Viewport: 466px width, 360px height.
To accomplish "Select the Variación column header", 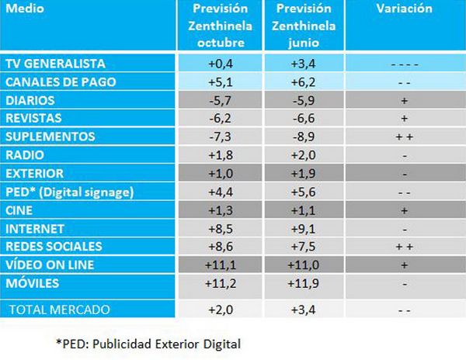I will click(405, 9).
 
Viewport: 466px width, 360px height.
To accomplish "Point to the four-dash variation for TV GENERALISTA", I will click(405, 63).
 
